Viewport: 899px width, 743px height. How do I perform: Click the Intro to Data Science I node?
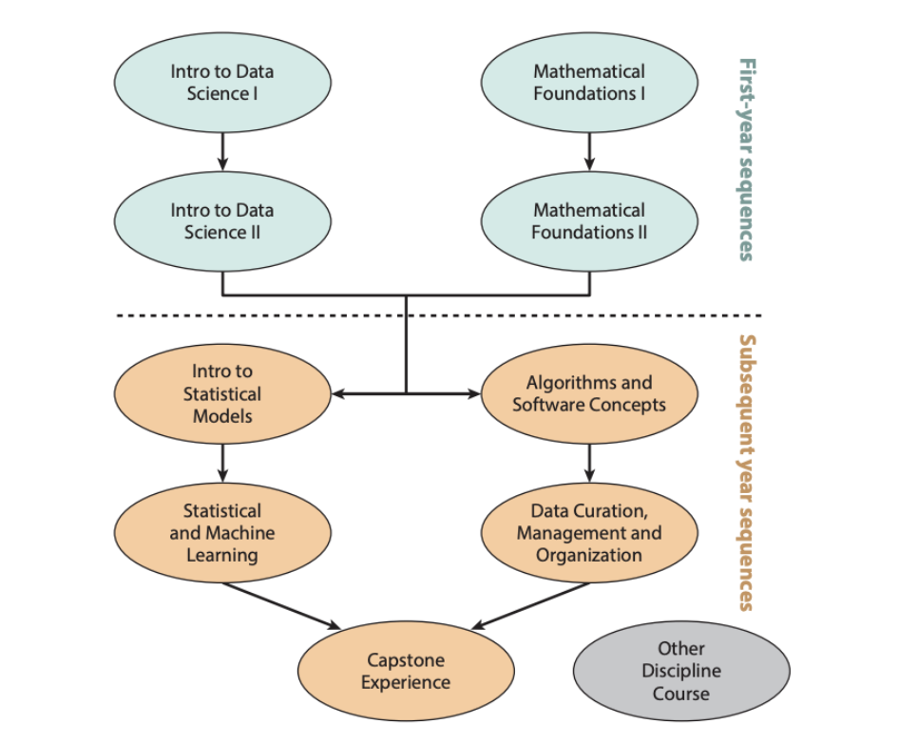pyautogui.click(x=222, y=83)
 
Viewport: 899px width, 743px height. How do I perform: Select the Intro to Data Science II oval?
pyautogui.click(x=222, y=221)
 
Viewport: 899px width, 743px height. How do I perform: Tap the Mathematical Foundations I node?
pyautogui.click(x=589, y=83)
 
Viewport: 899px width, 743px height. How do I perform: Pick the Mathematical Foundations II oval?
pyautogui.click(x=589, y=221)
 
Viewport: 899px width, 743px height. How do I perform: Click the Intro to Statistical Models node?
pyautogui.click(x=222, y=393)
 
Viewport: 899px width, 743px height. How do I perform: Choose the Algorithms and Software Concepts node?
pyautogui.click(x=589, y=393)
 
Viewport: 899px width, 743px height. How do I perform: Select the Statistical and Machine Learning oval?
pyautogui.click(x=222, y=532)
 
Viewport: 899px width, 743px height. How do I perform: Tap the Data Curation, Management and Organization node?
pyautogui.click(x=589, y=532)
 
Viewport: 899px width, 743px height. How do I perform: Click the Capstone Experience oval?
pyautogui.click(x=406, y=671)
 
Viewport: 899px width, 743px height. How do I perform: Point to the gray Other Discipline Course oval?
pyautogui.click(x=680, y=671)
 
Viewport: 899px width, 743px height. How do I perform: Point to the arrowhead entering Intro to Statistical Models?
pyautogui.click(x=337, y=393)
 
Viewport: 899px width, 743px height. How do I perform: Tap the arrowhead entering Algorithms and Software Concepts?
pyautogui.click(x=474, y=393)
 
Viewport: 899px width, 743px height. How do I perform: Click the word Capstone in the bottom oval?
pyautogui.click(x=406, y=659)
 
